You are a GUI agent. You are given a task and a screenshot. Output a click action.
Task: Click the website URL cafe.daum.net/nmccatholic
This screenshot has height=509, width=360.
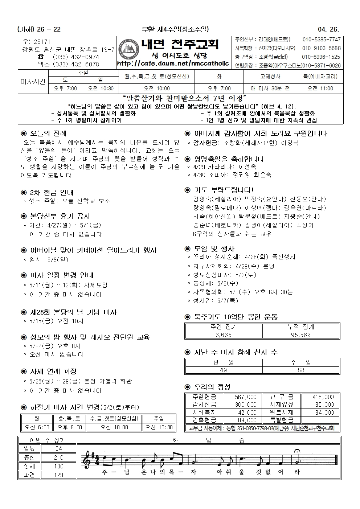(x=173, y=63)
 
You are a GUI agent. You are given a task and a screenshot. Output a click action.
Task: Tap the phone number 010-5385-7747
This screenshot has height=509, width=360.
(x=321, y=40)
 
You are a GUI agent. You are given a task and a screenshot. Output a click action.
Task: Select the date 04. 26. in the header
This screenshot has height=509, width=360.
(x=329, y=29)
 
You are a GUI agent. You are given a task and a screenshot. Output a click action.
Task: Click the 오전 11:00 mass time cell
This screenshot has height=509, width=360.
(x=320, y=88)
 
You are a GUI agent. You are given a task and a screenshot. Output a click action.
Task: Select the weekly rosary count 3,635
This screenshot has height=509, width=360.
(x=223, y=335)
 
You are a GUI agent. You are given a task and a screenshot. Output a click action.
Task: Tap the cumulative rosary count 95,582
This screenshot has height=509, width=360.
(x=301, y=335)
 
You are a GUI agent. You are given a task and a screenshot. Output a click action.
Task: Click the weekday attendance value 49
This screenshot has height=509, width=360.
(x=223, y=370)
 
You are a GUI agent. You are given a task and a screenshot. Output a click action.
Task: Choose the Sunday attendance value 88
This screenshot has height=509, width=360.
(x=301, y=370)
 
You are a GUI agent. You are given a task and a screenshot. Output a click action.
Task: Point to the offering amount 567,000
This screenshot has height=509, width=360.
(x=245, y=397)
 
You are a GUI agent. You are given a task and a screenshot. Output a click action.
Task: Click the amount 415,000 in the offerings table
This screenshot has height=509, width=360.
(x=323, y=397)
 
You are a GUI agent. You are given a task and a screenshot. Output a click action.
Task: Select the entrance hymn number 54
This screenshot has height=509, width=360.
(x=58, y=449)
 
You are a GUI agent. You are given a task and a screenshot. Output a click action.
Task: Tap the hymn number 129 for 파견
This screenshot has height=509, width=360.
(x=58, y=475)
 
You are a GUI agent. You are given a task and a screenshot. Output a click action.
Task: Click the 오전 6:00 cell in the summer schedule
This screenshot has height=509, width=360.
(x=36, y=427)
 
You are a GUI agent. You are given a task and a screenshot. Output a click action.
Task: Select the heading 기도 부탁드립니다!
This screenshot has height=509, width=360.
(x=224, y=190)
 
